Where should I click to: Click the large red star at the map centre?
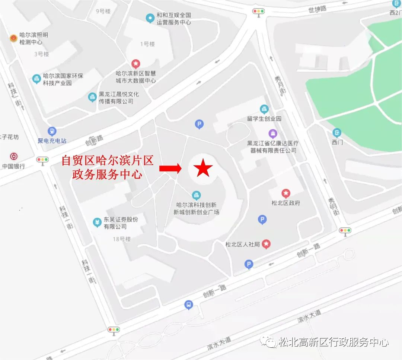point(203,168)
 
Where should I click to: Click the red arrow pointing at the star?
point(170,169)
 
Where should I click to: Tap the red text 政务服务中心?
point(107,174)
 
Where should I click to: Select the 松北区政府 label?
point(286,203)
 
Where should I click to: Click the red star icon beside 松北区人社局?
point(266,244)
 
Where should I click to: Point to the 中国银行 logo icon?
point(14,157)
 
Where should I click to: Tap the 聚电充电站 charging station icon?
point(52,132)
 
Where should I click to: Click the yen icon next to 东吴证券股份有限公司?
point(97,222)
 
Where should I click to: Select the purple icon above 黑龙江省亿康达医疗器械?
point(273,133)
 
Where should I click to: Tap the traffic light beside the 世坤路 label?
point(258,11)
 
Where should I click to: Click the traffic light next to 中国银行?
point(42,160)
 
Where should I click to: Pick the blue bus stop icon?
point(189,305)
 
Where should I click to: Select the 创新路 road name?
point(94,140)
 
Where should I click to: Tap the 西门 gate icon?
point(337,132)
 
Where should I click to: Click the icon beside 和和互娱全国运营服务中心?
point(150,17)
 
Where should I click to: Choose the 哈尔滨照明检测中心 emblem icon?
point(13,38)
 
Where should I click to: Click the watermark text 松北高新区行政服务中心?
point(333,342)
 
